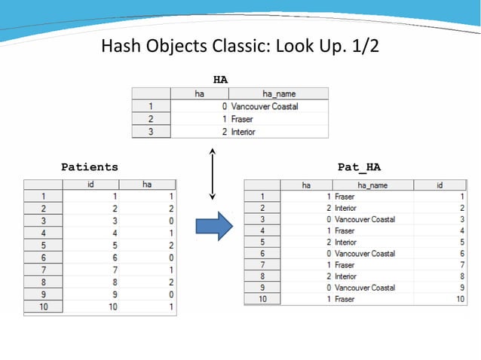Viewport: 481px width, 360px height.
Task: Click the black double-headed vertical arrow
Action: pyautogui.click(x=213, y=174)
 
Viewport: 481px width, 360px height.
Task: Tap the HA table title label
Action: pyautogui.click(x=220, y=78)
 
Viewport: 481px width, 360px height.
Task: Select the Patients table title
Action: pyautogui.click(x=90, y=166)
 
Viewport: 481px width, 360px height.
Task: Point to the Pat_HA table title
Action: pyautogui.click(x=359, y=166)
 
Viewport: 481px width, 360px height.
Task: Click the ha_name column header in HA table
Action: pyautogui.click(x=278, y=94)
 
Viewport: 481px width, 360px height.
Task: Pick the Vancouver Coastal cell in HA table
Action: pyautogui.click(x=265, y=106)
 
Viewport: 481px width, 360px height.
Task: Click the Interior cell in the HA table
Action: pyautogui.click(x=244, y=132)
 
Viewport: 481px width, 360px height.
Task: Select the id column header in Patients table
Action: pyautogui.click(x=90, y=185)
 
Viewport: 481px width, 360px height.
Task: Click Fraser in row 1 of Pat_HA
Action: pyautogui.click(x=345, y=197)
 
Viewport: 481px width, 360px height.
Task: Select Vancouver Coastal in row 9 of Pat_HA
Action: pyautogui.click(x=365, y=288)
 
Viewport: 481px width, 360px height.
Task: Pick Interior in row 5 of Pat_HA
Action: pyautogui.click(x=346, y=243)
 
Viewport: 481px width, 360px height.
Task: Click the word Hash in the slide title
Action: pyautogui.click(x=120, y=47)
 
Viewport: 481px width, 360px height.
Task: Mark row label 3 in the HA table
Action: pyautogui.click(x=151, y=132)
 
